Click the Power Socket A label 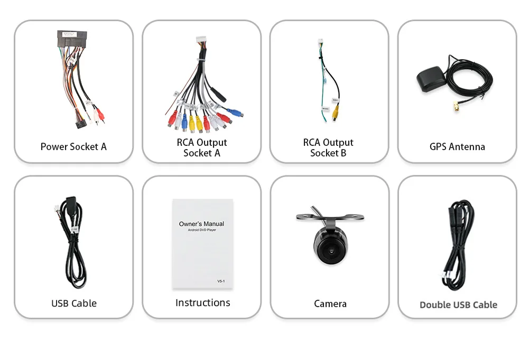(73, 146)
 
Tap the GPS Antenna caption (457, 146)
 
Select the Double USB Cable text (458, 304)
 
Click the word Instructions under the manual (202, 302)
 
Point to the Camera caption (330, 303)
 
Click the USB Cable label (74, 303)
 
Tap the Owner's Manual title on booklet (201, 224)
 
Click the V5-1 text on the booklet (221, 281)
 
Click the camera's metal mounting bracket (330, 217)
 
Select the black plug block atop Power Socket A (73, 40)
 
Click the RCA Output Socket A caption (201, 147)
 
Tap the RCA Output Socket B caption (328, 147)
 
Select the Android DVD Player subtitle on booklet (201, 230)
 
